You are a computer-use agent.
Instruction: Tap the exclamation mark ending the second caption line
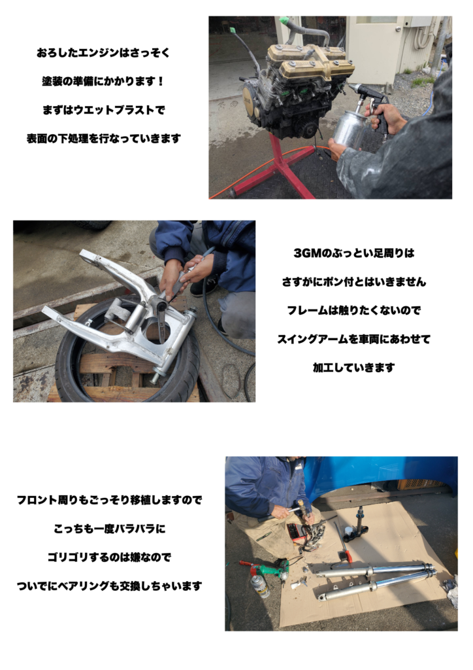pos(161,81)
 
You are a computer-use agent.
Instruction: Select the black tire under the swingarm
pos(128,348)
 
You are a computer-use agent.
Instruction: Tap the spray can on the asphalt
pos(260,586)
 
